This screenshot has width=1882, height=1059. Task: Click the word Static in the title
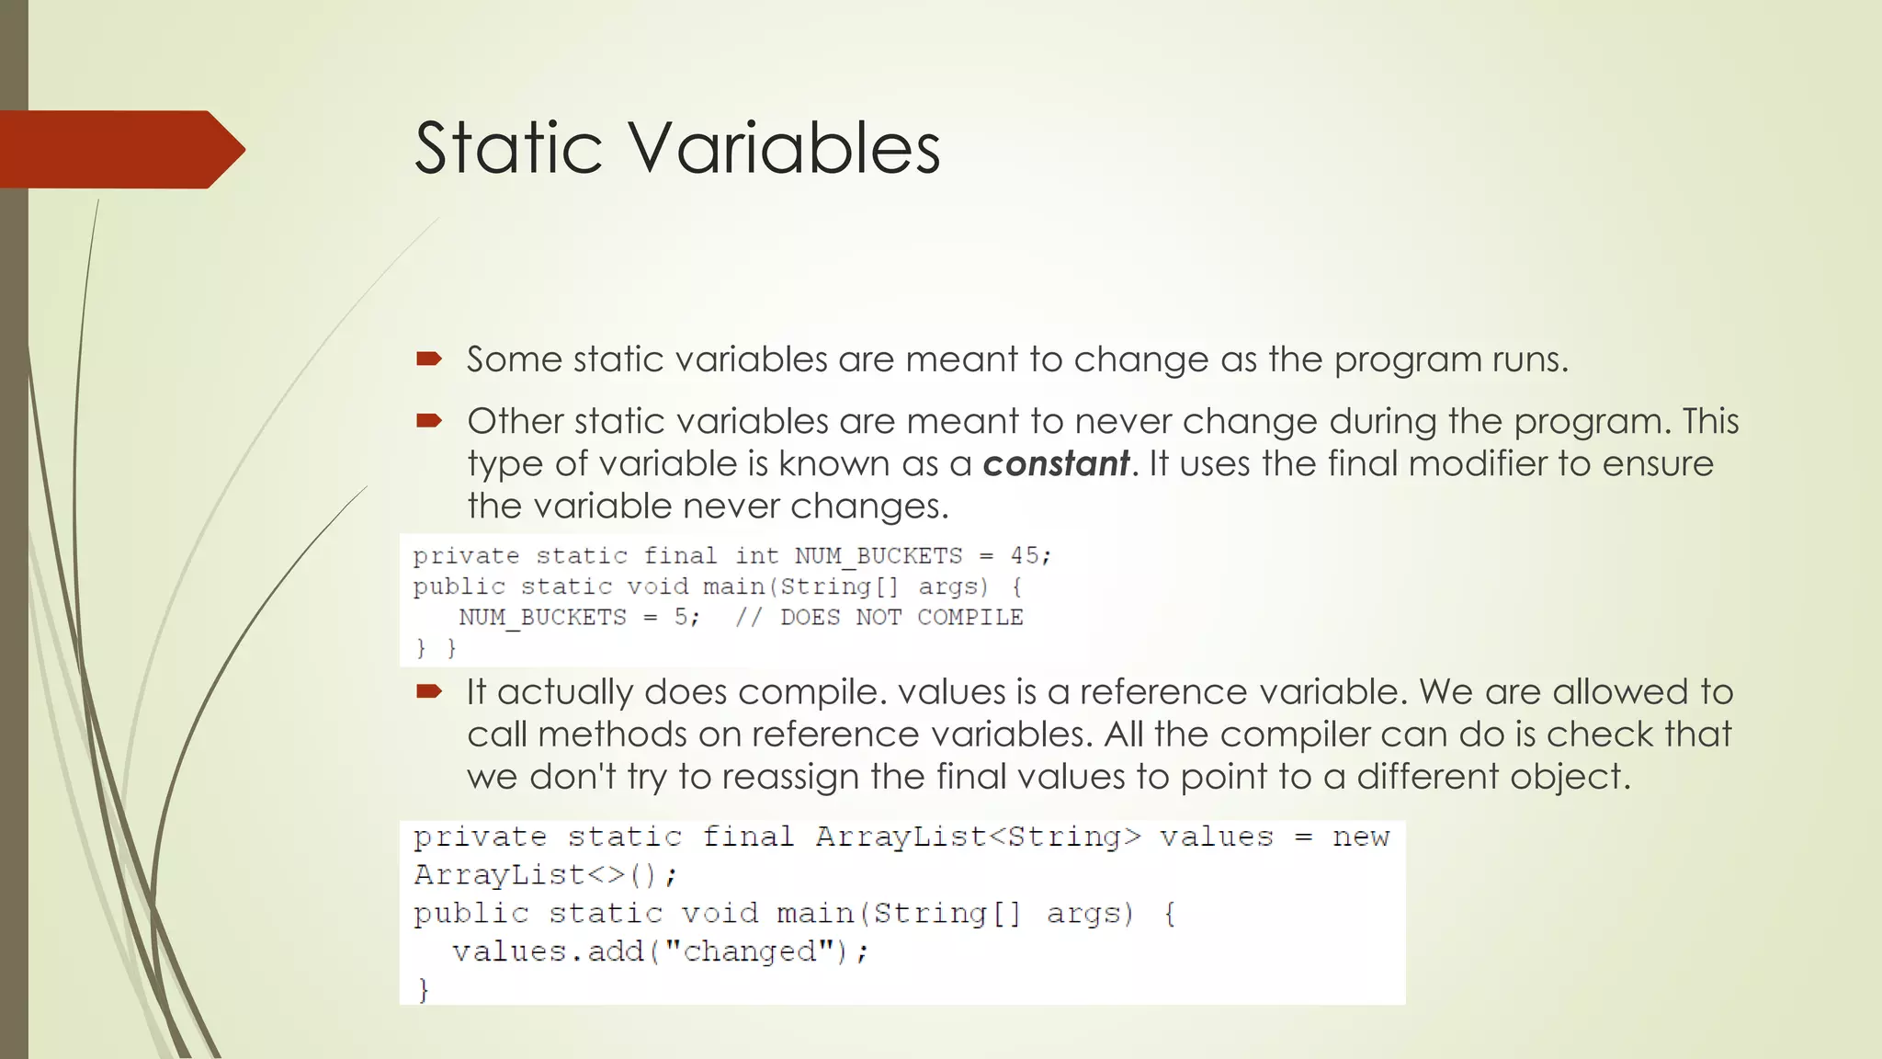[508, 148]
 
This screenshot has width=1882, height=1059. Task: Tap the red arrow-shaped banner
[119, 150]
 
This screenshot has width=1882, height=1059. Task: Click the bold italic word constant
[1055, 463]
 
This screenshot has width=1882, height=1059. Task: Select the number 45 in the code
[1025, 555]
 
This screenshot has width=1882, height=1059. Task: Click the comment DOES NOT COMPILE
[901, 617]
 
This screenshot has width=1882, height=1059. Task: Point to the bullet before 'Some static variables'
[428, 359]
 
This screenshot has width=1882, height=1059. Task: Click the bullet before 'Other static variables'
[428, 422]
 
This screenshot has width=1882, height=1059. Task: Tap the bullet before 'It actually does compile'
[428, 691]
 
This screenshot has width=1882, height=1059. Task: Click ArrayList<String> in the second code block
[978, 837]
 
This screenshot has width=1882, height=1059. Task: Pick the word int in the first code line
[755, 555]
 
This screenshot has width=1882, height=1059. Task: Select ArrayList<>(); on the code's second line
[544, 874]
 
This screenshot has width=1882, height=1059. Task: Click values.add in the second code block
[548, 951]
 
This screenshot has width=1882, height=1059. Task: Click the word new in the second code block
[1361, 837]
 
